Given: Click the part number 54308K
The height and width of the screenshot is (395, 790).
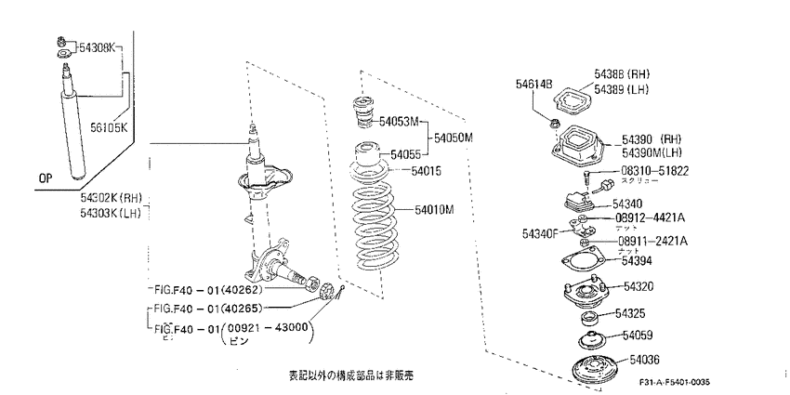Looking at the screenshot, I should [x=94, y=46].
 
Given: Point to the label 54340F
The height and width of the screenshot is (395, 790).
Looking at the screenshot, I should [x=540, y=232].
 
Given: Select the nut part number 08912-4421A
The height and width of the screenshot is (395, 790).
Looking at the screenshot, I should [x=651, y=217].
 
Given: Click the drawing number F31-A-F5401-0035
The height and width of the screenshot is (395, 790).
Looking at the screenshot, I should [x=680, y=383].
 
